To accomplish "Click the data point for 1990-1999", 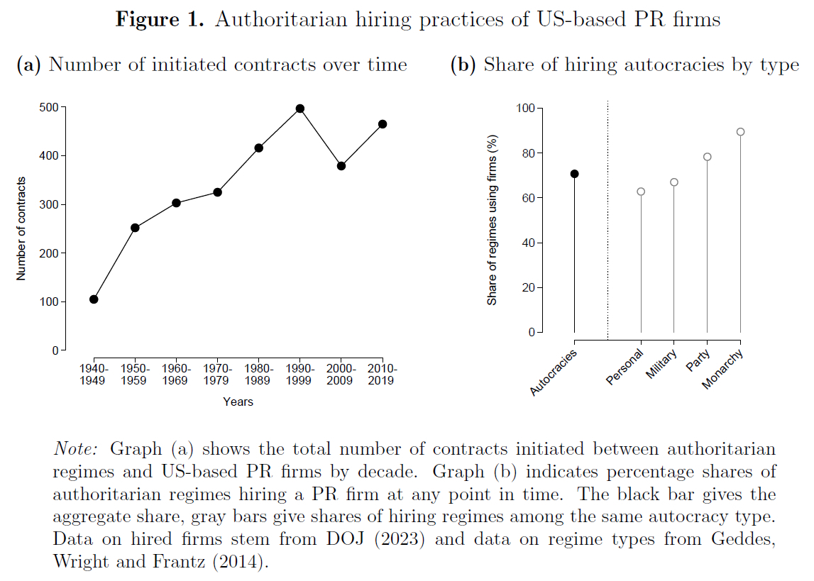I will (x=299, y=109).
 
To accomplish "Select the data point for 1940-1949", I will (x=94, y=299).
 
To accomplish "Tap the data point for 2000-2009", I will (x=341, y=166).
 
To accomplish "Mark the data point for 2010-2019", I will (x=383, y=124).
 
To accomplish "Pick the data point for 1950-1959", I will (x=135, y=228).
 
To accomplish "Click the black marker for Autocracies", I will (x=574, y=174).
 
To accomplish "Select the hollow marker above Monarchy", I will (x=740, y=132).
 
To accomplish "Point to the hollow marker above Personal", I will (x=641, y=192).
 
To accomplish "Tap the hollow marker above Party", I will (x=707, y=157).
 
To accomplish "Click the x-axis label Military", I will (x=661, y=364).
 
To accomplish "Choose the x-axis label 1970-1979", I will (x=217, y=375).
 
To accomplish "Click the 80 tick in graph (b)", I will (x=525, y=153).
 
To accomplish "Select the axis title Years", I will (x=238, y=402).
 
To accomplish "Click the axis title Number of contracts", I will (x=21, y=228).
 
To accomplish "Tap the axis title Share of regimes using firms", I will (x=491, y=220).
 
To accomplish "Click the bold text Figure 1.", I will (x=160, y=19).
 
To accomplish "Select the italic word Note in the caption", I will (x=76, y=449).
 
